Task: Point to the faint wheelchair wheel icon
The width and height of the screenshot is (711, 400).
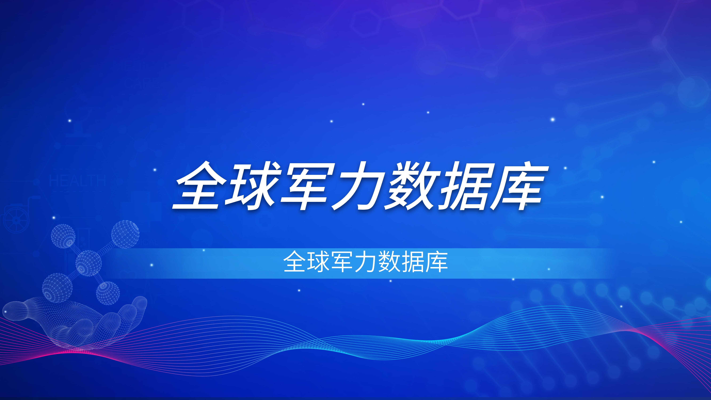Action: [16, 220]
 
